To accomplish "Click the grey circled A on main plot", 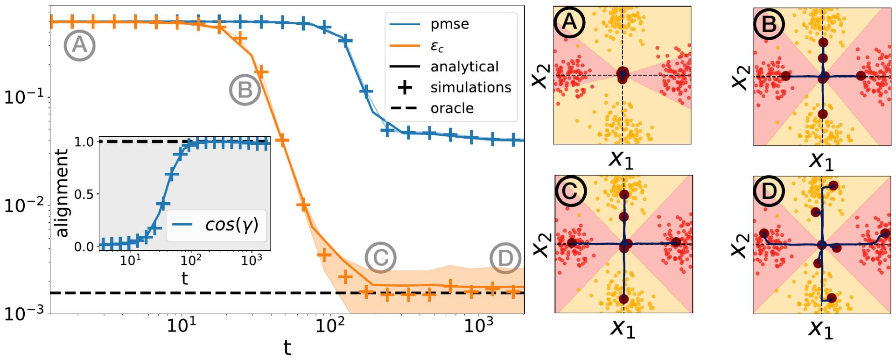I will click(x=80, y=45).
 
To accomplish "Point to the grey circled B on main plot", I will click(x=245, y=90).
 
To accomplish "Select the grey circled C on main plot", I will click(x=380, y=257).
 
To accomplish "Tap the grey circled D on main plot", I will click(x=505, y=258).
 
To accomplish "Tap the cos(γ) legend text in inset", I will click(x=232, y=225).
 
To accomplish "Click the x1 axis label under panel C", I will click(x=622, y=329).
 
